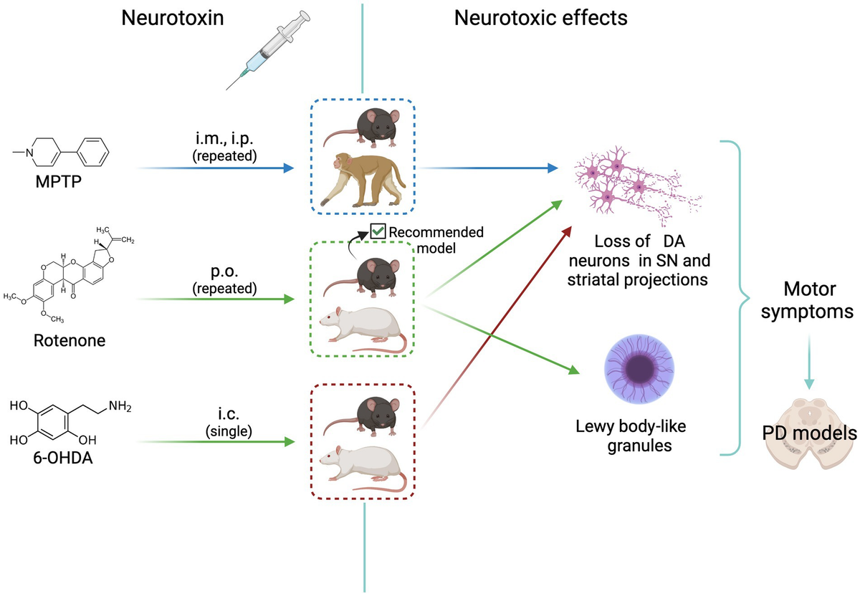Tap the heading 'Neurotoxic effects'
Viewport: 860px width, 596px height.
point(541,18)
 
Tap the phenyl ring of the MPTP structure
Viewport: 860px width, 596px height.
point(92,152)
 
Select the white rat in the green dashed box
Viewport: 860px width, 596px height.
point(362,330)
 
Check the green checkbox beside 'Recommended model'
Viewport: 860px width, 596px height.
point(378,231)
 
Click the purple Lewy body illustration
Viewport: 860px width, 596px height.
point(638,369)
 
